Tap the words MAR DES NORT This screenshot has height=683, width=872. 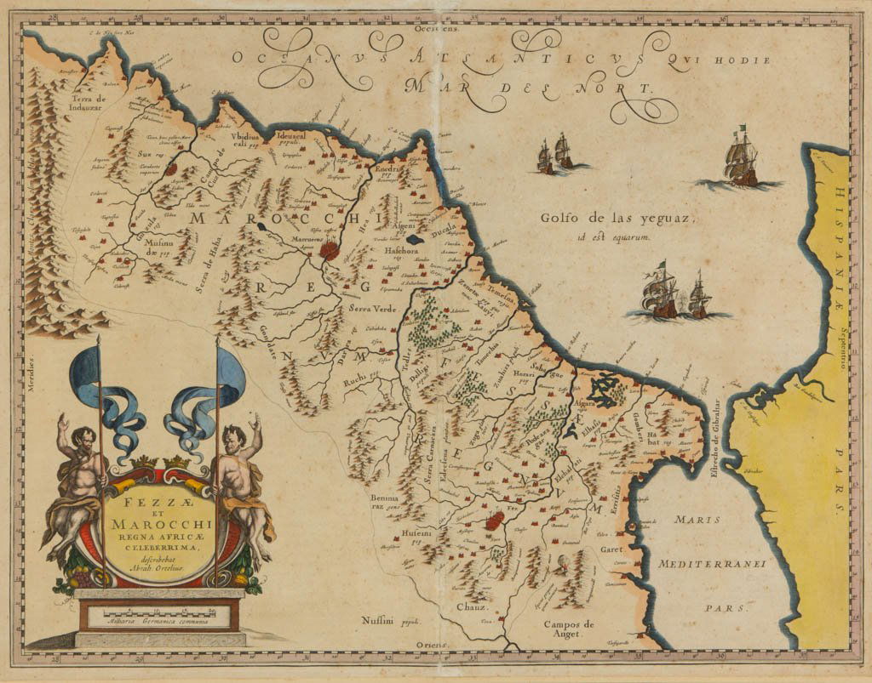coord(528,88)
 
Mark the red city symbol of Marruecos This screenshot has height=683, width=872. coord(329,250)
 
